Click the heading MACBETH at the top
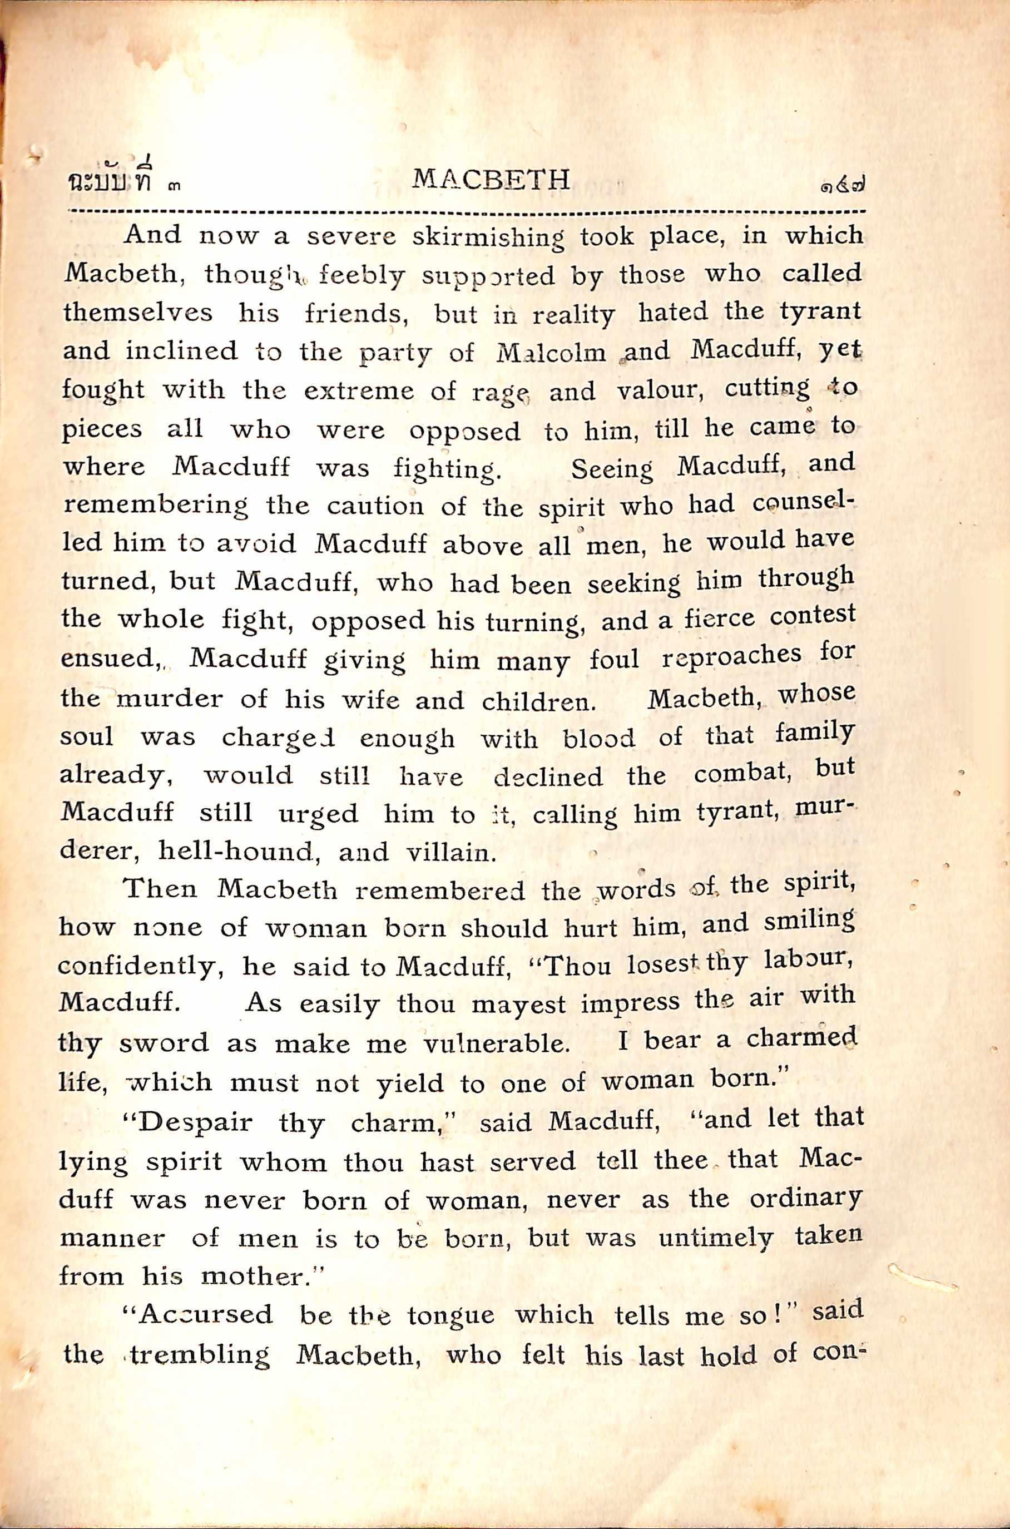[491, 179]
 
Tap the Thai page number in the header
[840, 188]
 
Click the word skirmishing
[488, 238]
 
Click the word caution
[375, 507]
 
